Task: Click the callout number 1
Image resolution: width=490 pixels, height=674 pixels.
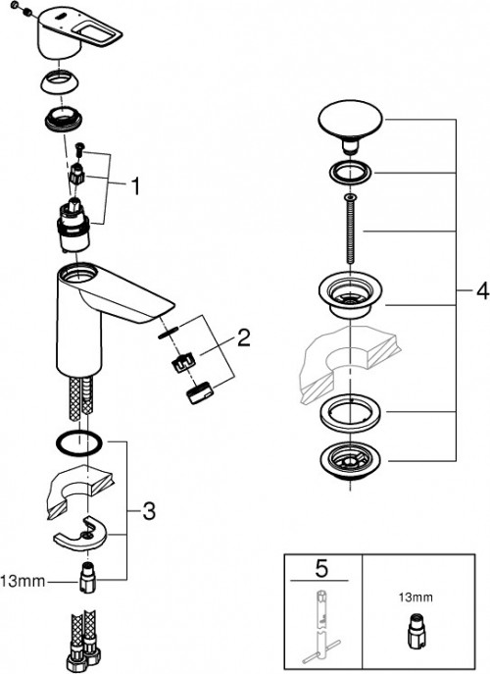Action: tap(137, 183)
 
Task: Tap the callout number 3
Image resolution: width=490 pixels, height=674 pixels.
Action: tap(148, 510)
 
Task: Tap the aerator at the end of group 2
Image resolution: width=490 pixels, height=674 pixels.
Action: tap(199, 391)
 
